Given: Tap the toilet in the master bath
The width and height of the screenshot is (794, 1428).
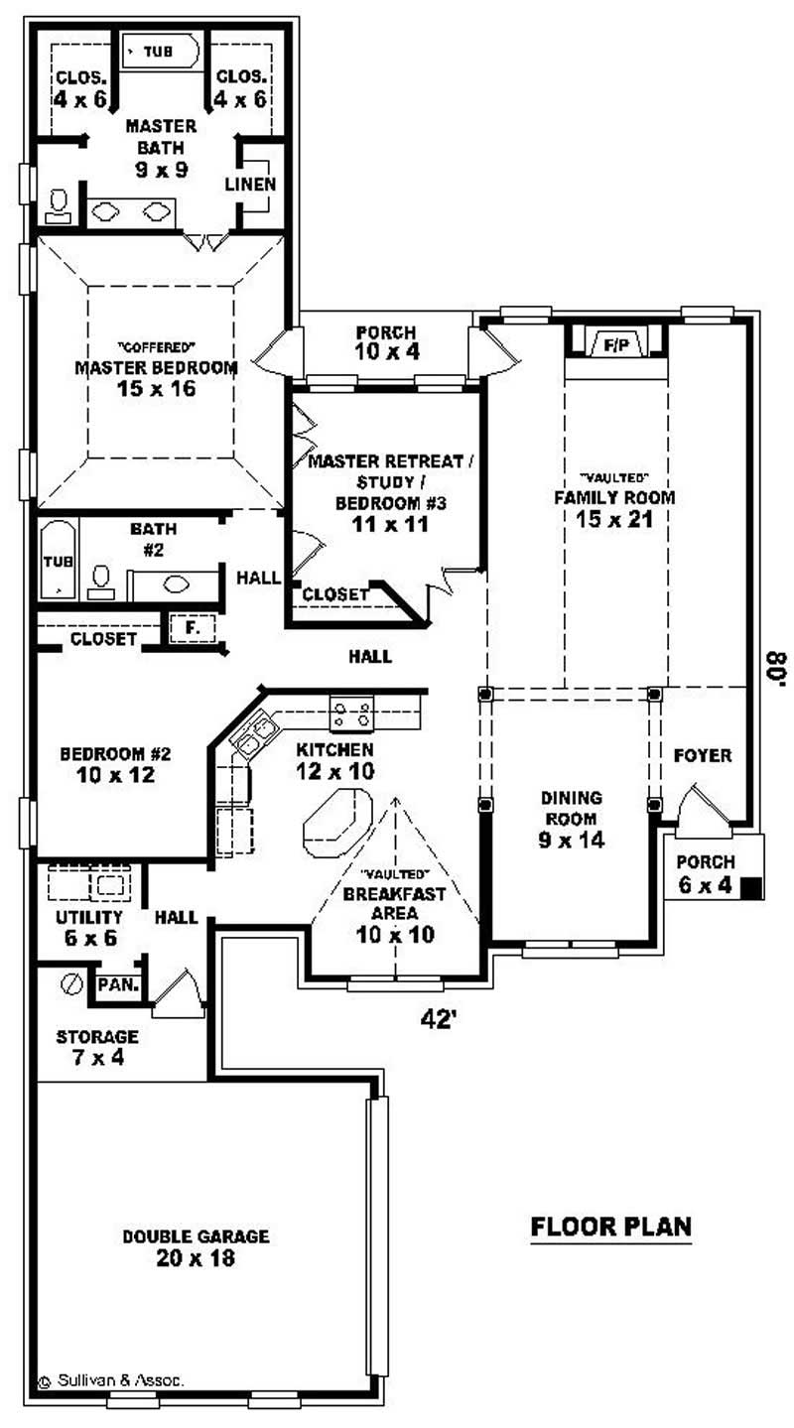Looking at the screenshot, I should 58,205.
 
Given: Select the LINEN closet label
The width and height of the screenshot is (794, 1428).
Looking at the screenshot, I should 250,185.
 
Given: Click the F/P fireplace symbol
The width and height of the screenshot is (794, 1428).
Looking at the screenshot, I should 616,344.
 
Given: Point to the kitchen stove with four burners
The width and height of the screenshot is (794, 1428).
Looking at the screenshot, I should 352,713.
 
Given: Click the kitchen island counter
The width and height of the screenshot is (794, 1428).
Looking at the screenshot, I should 335,823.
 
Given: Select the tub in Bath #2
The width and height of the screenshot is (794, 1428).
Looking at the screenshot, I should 58,562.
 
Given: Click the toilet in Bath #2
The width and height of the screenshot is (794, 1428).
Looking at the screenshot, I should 101,581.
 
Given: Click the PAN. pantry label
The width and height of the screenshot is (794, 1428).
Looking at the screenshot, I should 118,985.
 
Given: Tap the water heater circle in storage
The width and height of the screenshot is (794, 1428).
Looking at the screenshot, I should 70,984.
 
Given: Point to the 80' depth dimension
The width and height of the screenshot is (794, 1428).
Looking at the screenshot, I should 773,668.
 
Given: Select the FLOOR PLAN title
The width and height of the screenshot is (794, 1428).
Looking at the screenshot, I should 610,1227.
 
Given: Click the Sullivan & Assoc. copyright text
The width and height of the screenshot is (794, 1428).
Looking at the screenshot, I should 111,1378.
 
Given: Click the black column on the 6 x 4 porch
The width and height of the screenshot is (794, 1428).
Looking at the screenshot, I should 752,888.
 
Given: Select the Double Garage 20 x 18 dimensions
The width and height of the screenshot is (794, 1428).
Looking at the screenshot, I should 196,1258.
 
